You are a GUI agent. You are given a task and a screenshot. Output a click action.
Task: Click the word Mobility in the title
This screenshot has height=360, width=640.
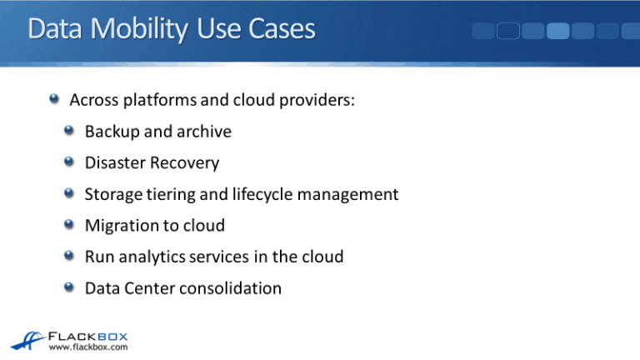pyautogui.click(x=127, y=30)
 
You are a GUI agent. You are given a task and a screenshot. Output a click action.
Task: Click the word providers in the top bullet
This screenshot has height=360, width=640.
pyautogui.click(x=317, y=100)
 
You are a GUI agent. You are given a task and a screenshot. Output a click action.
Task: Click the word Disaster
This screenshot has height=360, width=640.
pyautogui.click(x=114, y=162)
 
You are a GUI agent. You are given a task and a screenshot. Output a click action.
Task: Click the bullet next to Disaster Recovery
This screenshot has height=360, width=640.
pyautogui.click(x=71, y=162)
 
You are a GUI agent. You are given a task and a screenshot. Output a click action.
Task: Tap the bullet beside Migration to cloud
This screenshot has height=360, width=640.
pyautogui.click(x=71, y=225)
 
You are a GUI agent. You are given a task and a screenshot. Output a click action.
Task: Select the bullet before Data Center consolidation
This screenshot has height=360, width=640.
pyautogui.click(x=71, y=287)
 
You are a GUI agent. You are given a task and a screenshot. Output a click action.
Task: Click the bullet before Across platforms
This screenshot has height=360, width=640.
pyautogui.click(x=54, y=99)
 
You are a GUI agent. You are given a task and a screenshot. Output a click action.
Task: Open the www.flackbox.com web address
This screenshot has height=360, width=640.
pyautogui.click(x=88, y=347)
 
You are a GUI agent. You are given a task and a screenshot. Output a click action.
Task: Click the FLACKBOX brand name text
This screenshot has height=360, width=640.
pyautogui.click(x=88, y=335)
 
